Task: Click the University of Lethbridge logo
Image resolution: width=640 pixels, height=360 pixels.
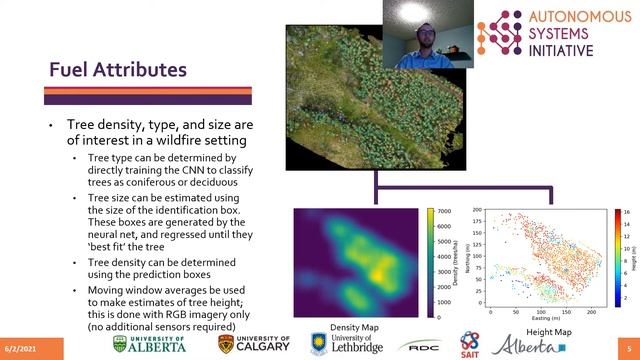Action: pyautogui.click(x=345, y=344)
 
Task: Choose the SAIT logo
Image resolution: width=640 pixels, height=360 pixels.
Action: pyautogui.click(x=469, y=344)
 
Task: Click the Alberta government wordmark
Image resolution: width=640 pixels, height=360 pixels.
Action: pyautogui.click(x=526, y=346)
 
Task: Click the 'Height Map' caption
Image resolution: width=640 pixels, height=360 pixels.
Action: pyautogui.click(x=548, y=331)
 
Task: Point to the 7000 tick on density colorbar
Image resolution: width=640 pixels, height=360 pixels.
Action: pyautogui.click(x=446, y=213)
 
